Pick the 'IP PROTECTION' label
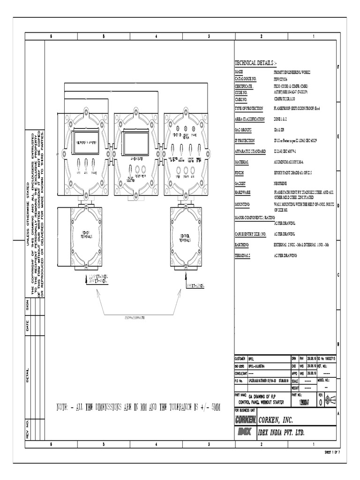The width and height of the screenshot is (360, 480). click(x=246, y=141)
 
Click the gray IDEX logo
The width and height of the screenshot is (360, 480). click(x=245, y=432)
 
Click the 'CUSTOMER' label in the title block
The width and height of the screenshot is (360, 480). click(x=240, y=358)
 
